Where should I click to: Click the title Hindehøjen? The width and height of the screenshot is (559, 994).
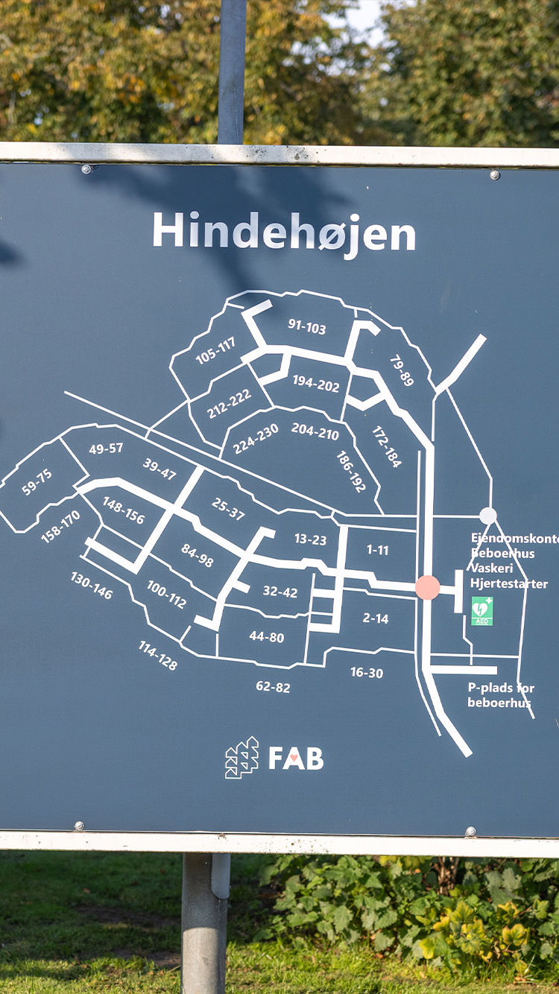pyautogui.click(x=284, y=232)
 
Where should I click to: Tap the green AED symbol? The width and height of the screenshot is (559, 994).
pyautogui.click(x=482, y=610)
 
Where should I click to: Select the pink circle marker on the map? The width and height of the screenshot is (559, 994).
pyautogui.click(x=428, y=587)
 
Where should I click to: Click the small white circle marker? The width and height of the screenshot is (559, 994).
pyautogui.click(x=488, y=516)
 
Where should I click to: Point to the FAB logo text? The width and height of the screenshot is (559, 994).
pyautogui.click(x=296, y=759)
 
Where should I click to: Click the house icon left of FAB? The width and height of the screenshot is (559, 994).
pyautogui.click(x=242, y=758)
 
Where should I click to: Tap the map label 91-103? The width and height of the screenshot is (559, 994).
pyautogui.click(x=306, y=326)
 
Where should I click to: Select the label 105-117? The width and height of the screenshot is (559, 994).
pyautogui.click(x=215, y=351)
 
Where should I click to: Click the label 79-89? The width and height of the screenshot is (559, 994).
pyautogui.click(x=402, y=370)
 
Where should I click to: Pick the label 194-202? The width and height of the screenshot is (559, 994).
pyautogui.click(x=315, y=383)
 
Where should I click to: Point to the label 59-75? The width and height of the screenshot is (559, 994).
pyautogui.click(x=37, y=481)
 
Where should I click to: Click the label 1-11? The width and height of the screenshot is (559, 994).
pyautogui.click(x=377, y=550)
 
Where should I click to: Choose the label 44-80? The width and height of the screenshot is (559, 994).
pyautogui.click(x=267, y=637)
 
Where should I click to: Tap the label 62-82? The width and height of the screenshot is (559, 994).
pyautogui.click(x=273, y=686)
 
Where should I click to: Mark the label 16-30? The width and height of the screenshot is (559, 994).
pyautogui.click(x=367, y=672)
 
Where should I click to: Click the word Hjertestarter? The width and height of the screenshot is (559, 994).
pyautogui.click(x=509, y=583)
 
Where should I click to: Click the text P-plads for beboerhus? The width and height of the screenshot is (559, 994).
pyautogui.click(x=501, y=695)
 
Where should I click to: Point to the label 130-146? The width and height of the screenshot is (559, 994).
pyautogui.click(x=92, y=586)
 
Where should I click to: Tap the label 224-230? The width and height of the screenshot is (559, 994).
pyautogui.click(x=256, y=438)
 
